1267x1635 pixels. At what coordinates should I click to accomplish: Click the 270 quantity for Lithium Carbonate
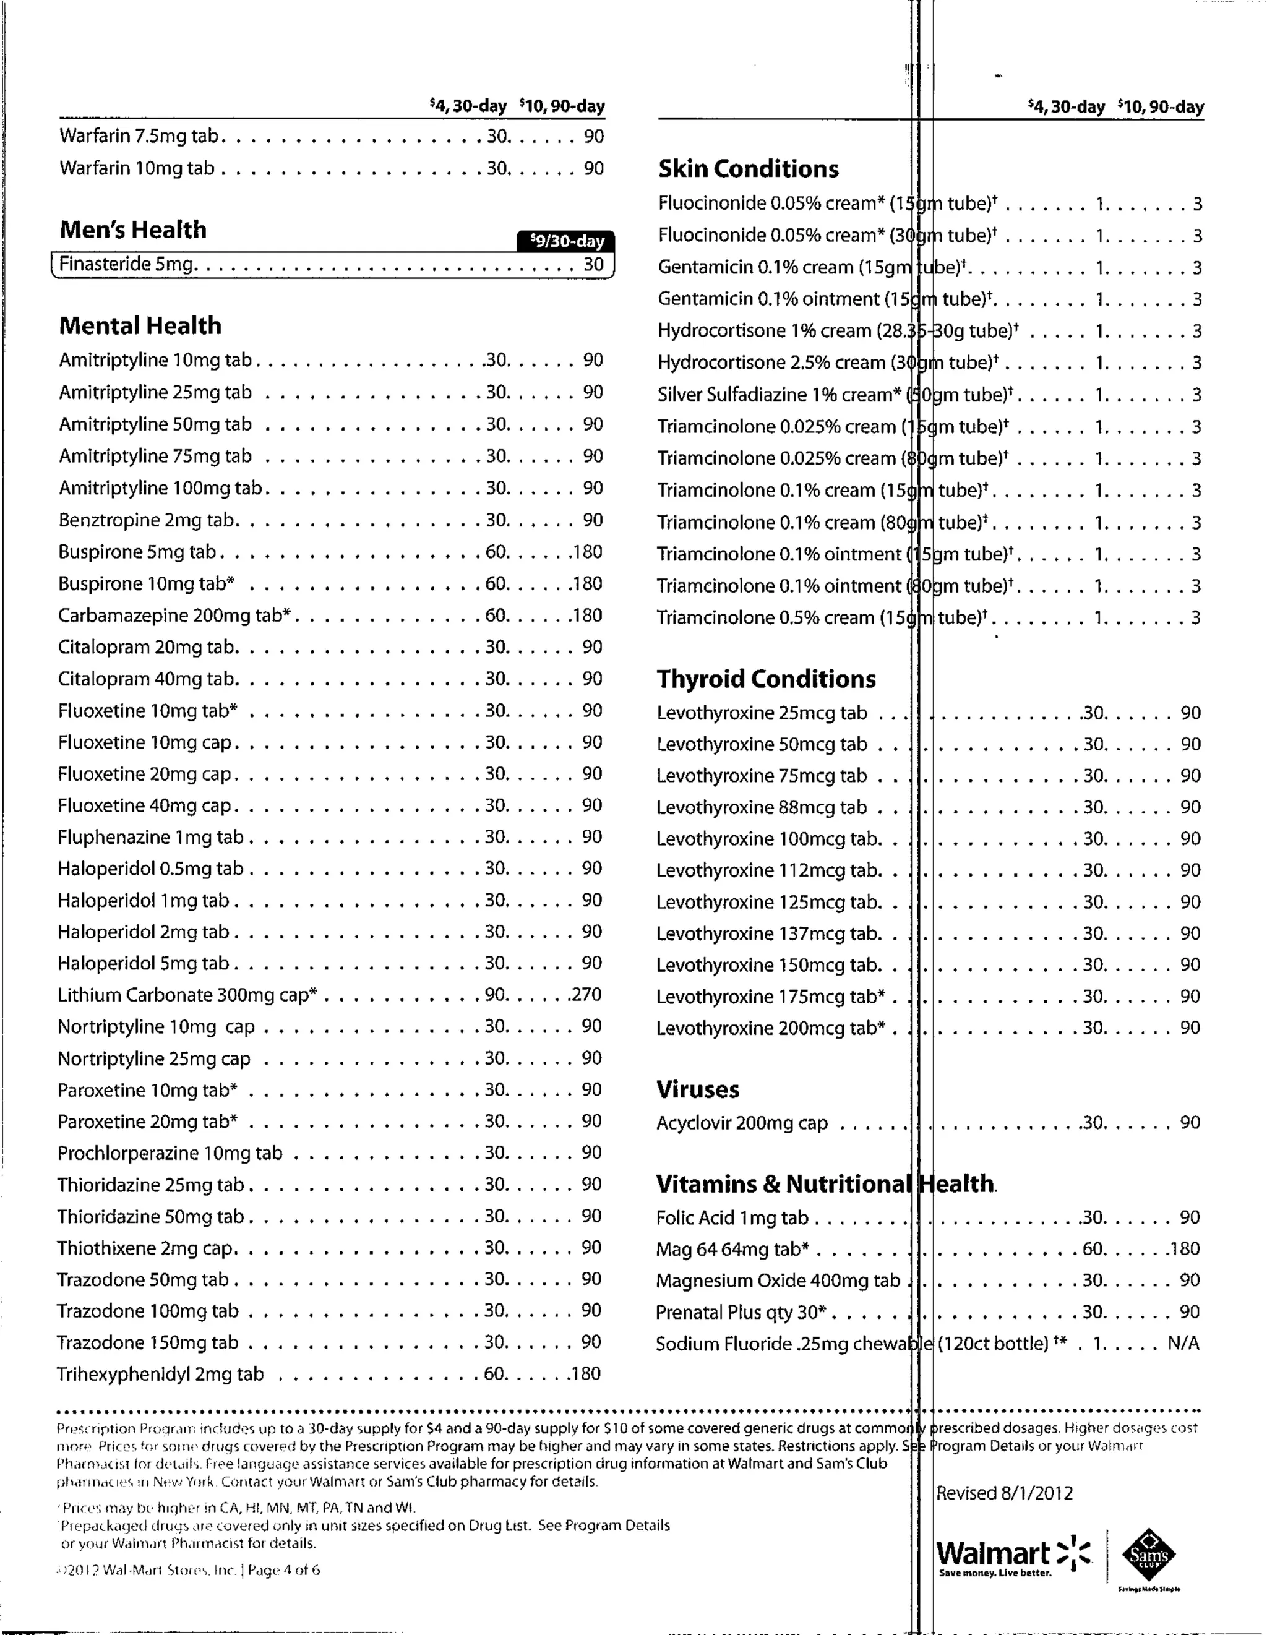click(x=586, y=994)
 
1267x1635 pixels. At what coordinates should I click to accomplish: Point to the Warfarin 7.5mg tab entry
click(x=139, y=136)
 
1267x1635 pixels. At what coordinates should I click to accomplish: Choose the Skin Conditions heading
click(x=748, y=168)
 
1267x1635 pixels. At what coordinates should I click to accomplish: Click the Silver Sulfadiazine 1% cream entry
click(x=779, y=395)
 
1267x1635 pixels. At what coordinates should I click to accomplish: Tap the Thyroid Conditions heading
click(x=766, y=679)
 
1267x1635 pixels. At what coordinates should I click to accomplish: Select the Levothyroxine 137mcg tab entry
click(x=768, y=933)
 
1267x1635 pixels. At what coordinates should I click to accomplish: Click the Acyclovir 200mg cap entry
click(x=741, y=1123)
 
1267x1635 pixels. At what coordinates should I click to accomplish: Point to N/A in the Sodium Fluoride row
click(x=1183, y=1344)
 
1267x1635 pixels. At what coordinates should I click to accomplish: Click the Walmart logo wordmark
click(x=993, y=1553)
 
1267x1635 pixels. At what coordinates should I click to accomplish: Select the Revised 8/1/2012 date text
click(x=1004, y=1493)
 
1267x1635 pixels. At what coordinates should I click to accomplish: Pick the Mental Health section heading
click(x=140, y=325)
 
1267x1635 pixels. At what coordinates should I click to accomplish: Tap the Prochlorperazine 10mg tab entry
click(x=170, y=1153)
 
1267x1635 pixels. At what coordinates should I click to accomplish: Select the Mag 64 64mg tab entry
click(x=732, y=1249)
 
